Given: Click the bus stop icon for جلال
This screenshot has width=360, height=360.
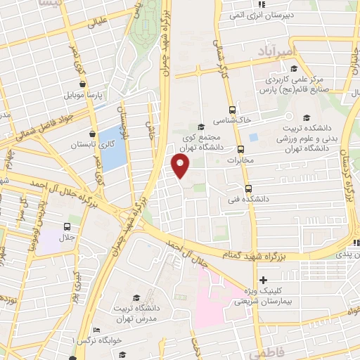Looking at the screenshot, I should pyautogui.click(x=67, y=226).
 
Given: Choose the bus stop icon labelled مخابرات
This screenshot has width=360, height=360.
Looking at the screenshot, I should pyautogui.click(x=241, y=149).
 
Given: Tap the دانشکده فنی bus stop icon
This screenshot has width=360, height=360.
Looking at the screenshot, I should pyautogui.click(x=247, y=188).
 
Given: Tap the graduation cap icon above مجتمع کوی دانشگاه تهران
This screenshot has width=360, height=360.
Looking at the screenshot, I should pyautogui.click(x=202, y=127).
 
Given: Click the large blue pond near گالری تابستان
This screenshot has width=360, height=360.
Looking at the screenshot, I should pyautogui.click(x=111, y=142).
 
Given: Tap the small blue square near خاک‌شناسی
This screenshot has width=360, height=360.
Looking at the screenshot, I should pyautogui.click(x=254, y=134).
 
